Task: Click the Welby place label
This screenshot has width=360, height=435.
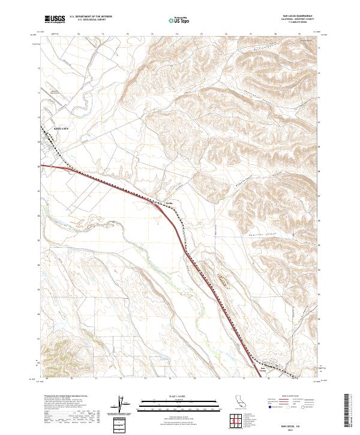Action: (x=169, y=203)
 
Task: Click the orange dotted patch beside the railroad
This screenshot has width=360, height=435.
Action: (x=224, y=278)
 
